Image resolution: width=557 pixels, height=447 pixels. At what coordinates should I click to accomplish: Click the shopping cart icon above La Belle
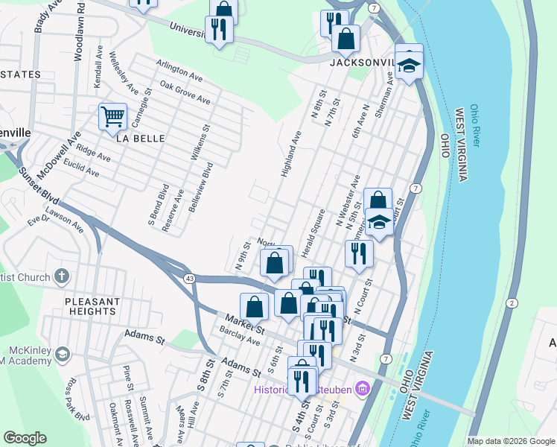[112, 116]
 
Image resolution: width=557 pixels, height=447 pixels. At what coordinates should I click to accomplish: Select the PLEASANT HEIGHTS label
[92, 306]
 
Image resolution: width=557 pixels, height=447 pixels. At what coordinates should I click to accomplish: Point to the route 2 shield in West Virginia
[512, 302]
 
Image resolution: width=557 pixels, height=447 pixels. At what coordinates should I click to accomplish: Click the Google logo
[25, 438]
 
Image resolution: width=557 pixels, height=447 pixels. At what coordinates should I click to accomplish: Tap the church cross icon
[62, 277]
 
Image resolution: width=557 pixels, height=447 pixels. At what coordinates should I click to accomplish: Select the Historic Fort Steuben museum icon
[363, 388]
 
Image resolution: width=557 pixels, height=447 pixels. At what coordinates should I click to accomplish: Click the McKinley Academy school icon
[62, 353]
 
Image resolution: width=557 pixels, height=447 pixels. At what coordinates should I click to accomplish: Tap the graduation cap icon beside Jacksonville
[409, 66]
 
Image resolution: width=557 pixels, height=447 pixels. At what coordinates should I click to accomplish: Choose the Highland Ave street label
[290, 154]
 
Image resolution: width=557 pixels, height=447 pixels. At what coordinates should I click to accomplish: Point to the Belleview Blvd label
[201, 188]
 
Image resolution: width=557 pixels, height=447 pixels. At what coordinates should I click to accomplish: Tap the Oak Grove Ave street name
[185, 94]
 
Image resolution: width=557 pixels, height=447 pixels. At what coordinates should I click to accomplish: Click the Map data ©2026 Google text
[510, 441]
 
